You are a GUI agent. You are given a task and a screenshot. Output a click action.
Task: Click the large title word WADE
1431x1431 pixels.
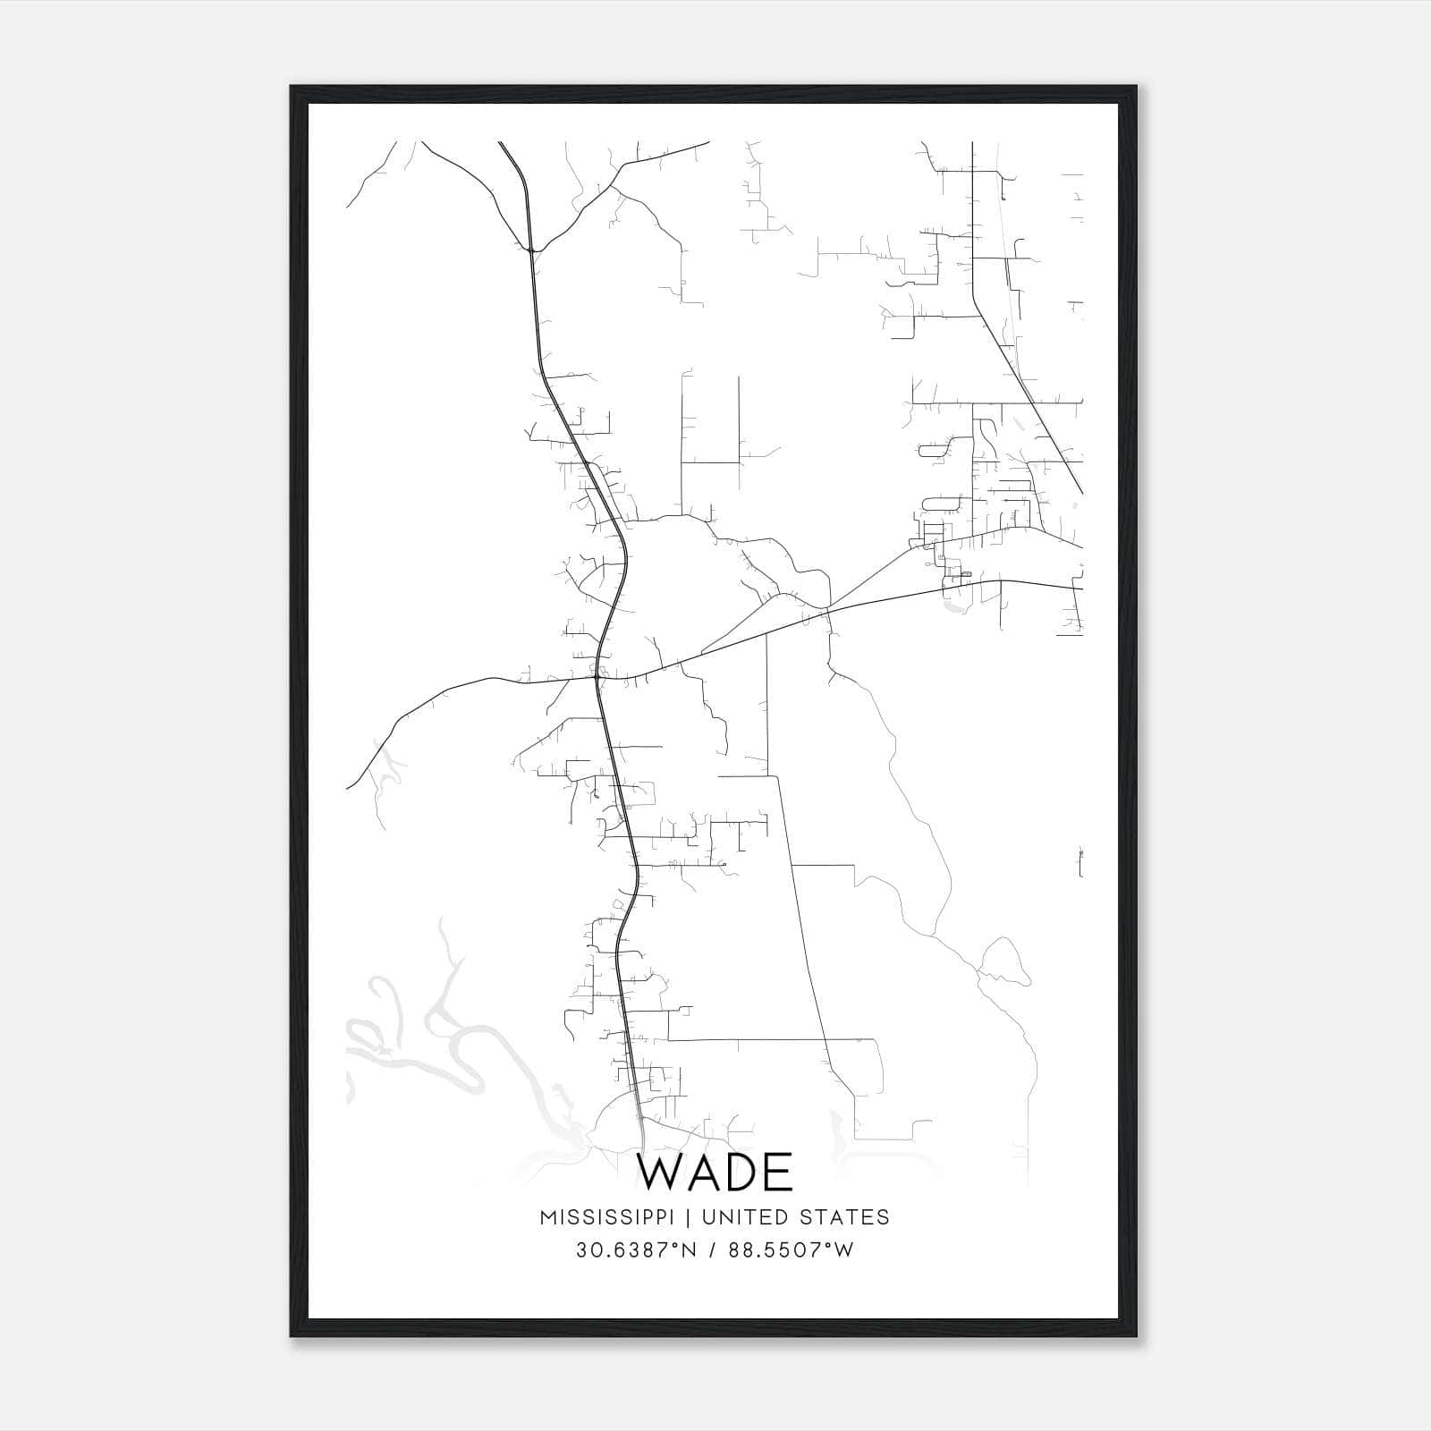[715, 1173]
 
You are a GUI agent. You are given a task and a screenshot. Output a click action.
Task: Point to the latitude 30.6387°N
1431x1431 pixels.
[636, 1249]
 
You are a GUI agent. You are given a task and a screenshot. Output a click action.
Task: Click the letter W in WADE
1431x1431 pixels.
[659, 1173]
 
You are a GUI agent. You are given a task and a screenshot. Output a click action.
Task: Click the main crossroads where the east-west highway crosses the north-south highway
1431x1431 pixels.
[597, 679]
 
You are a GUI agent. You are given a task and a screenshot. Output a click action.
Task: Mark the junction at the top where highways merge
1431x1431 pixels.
[531, 250]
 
